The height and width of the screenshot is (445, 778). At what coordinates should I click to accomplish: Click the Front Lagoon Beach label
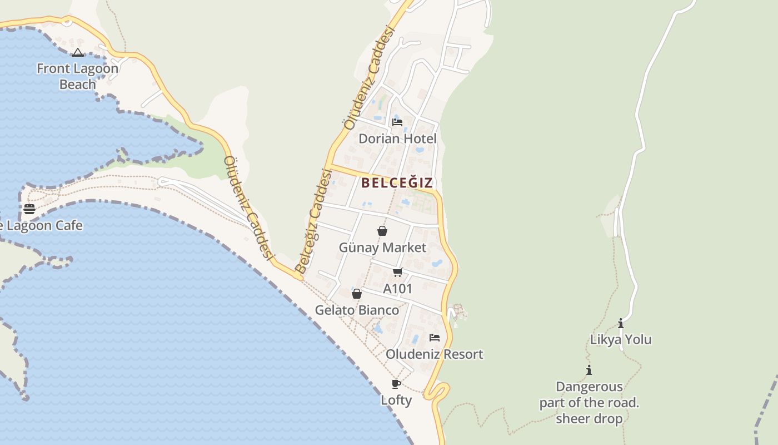point(77,76)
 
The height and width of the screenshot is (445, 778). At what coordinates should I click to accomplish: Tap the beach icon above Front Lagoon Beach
point(78,53)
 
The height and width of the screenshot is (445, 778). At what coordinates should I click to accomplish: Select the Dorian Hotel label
point(397,139)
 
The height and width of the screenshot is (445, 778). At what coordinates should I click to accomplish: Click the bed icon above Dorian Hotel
point(397,122)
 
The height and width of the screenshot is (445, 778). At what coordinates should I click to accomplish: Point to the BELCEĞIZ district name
point(397,182)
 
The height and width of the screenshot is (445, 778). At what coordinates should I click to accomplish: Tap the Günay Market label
point(382,248)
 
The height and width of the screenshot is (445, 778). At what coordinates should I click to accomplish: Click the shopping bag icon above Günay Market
point(382,231)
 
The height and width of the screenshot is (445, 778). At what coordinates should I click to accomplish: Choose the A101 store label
point(398,289)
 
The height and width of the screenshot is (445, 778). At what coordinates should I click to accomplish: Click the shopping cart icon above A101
point(397,273)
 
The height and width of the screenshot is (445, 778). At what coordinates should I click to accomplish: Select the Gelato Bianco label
point(357,310)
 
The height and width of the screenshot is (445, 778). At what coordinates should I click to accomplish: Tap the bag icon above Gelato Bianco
point(357,294)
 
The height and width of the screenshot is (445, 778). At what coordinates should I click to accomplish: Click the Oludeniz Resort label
point(434,354)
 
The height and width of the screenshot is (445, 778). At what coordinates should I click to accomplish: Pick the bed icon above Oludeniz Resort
point(435,338)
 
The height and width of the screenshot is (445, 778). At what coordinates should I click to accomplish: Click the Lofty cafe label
point(396,400)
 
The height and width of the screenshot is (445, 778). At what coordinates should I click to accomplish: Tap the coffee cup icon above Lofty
point(396,384)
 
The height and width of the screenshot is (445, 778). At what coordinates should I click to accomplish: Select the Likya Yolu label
point(621,339)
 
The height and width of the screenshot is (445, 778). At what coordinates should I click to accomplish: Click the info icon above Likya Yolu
point(621,323)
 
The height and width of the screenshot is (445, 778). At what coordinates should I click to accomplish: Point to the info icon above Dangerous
point(589,370)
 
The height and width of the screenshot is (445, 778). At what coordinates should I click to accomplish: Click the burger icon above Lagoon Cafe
point(29,209)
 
